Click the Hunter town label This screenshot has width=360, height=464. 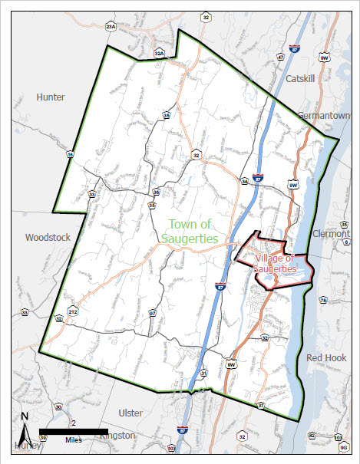tap(50, 97)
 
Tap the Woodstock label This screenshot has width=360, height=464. tap(48, 237)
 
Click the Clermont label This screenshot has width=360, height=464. tap(332, 233)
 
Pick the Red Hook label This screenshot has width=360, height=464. tap(326, 358)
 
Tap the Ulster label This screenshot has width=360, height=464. tap(131, 413)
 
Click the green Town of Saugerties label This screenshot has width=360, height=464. tap(190, 231)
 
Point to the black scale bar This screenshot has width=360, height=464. tap(74, 432)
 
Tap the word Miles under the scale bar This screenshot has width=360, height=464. tap(74, 440)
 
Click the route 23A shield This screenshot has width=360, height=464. tap(111, 27)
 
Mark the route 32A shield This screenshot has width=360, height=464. tap(160, 53)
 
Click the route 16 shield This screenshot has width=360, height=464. tap(70, 155)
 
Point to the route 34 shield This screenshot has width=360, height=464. tap(245, 182)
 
